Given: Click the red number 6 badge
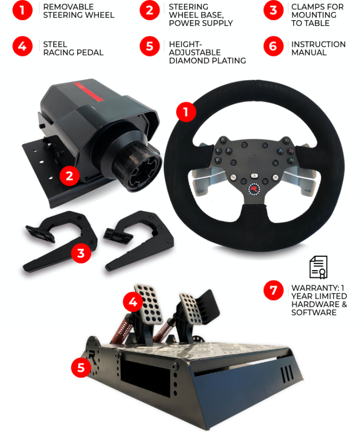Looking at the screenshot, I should point(273,46).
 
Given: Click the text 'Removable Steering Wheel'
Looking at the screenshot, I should point(78,11).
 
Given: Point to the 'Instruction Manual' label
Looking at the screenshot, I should point(318,48).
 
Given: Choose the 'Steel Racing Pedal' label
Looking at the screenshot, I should point(73,48).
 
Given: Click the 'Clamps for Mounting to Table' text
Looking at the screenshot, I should point(317,15).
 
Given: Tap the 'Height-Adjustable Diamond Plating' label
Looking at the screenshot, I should point(207,52).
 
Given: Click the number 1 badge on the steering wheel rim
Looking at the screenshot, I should point(186,112).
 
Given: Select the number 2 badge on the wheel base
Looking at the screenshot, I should point(69,176).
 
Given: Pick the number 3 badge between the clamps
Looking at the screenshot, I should point(80,254).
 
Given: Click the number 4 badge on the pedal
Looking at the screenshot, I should point(133,301).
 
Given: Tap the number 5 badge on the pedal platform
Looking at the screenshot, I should point(81,368).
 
